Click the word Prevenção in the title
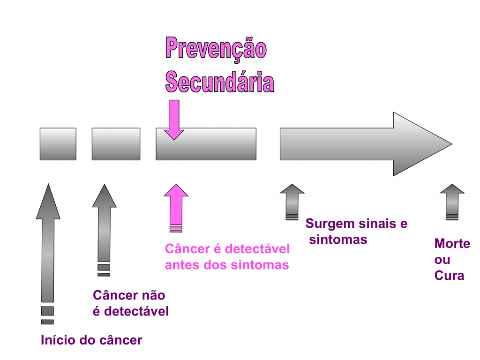(216, 49)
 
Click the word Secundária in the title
(219, 82)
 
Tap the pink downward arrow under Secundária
(174, 120)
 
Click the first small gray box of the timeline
(58, 144)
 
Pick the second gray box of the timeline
(116, 144)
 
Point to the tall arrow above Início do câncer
(48, 244)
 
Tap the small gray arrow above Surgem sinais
(292, 199)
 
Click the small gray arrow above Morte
(452, 199)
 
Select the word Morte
(452, 244)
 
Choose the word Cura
(449, 275)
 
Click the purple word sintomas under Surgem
(338, 240)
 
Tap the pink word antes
(182, 265)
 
